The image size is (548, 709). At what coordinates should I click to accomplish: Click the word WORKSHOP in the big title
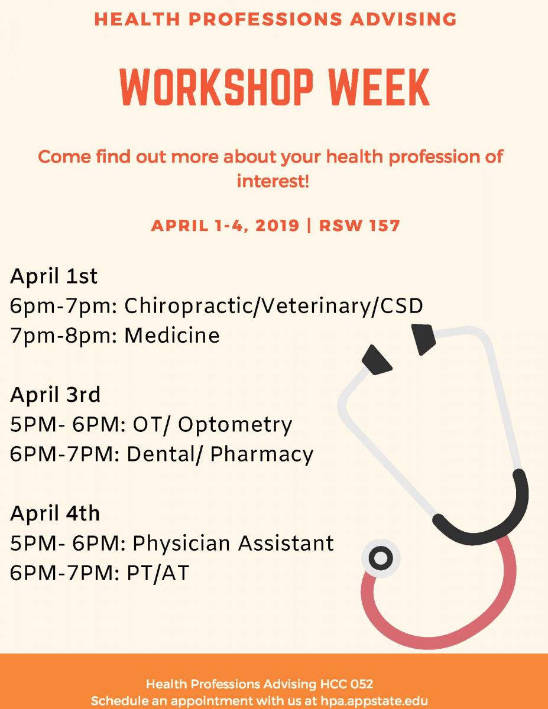tap(216, 87)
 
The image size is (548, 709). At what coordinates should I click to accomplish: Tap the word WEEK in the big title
tap(380, 87)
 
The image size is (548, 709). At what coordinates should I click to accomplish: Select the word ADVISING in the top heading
tap(403, 19)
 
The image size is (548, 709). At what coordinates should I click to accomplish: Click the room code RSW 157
tap(359, 226)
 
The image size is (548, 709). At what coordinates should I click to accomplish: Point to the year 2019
tap(277, 226)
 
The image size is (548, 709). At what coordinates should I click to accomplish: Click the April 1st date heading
tap(54, 277)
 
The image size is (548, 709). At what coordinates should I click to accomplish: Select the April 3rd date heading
tap(55, 395)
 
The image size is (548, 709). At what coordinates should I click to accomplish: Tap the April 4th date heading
tap(55, 513)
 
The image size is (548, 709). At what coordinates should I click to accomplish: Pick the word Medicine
tap(172, 336)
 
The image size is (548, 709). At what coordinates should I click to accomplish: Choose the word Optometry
tap(235, 425)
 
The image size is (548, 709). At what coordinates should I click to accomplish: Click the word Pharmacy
tap(262, 455)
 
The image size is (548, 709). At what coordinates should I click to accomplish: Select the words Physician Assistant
tap(233, 544)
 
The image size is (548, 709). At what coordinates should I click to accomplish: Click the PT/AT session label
tap(158, 573)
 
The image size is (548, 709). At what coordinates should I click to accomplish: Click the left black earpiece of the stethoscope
tap(377, 360)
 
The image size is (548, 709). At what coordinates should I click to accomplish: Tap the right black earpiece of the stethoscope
tap(423, 339)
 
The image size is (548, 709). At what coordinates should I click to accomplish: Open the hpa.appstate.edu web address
tap(374, 700)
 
